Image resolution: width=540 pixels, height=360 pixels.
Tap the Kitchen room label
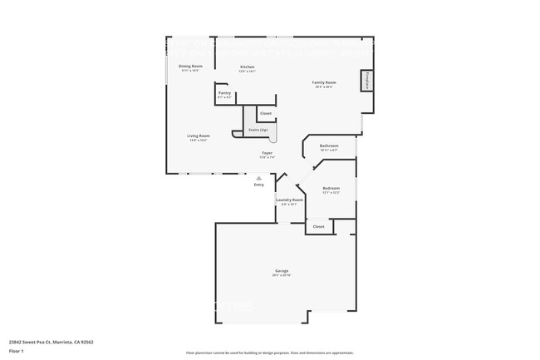pos(248,67)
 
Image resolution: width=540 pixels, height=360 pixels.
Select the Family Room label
pos(324,82)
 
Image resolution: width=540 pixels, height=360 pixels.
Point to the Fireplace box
pos(366,81)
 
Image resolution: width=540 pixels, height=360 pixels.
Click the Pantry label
pos(224,93)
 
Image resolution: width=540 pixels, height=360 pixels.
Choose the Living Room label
pos(198,136)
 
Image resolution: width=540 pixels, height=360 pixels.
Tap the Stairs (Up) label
pos(258,130)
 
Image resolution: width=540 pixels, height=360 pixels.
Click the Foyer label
pos(268,153)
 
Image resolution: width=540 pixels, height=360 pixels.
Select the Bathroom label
pos(329,145)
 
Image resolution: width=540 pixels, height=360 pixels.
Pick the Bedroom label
pos(331,188)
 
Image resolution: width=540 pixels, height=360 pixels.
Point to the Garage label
pos(282,271)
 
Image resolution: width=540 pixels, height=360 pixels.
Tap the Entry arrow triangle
pos(259,177)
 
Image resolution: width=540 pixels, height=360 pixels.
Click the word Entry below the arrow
pos(259,185)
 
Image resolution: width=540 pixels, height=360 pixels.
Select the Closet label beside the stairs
pos(266,113)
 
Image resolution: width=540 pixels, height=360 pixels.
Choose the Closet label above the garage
pos(318,226)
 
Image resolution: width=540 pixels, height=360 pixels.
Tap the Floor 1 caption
pos(17,352)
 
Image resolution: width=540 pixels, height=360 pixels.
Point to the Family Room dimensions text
pos(324,87)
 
